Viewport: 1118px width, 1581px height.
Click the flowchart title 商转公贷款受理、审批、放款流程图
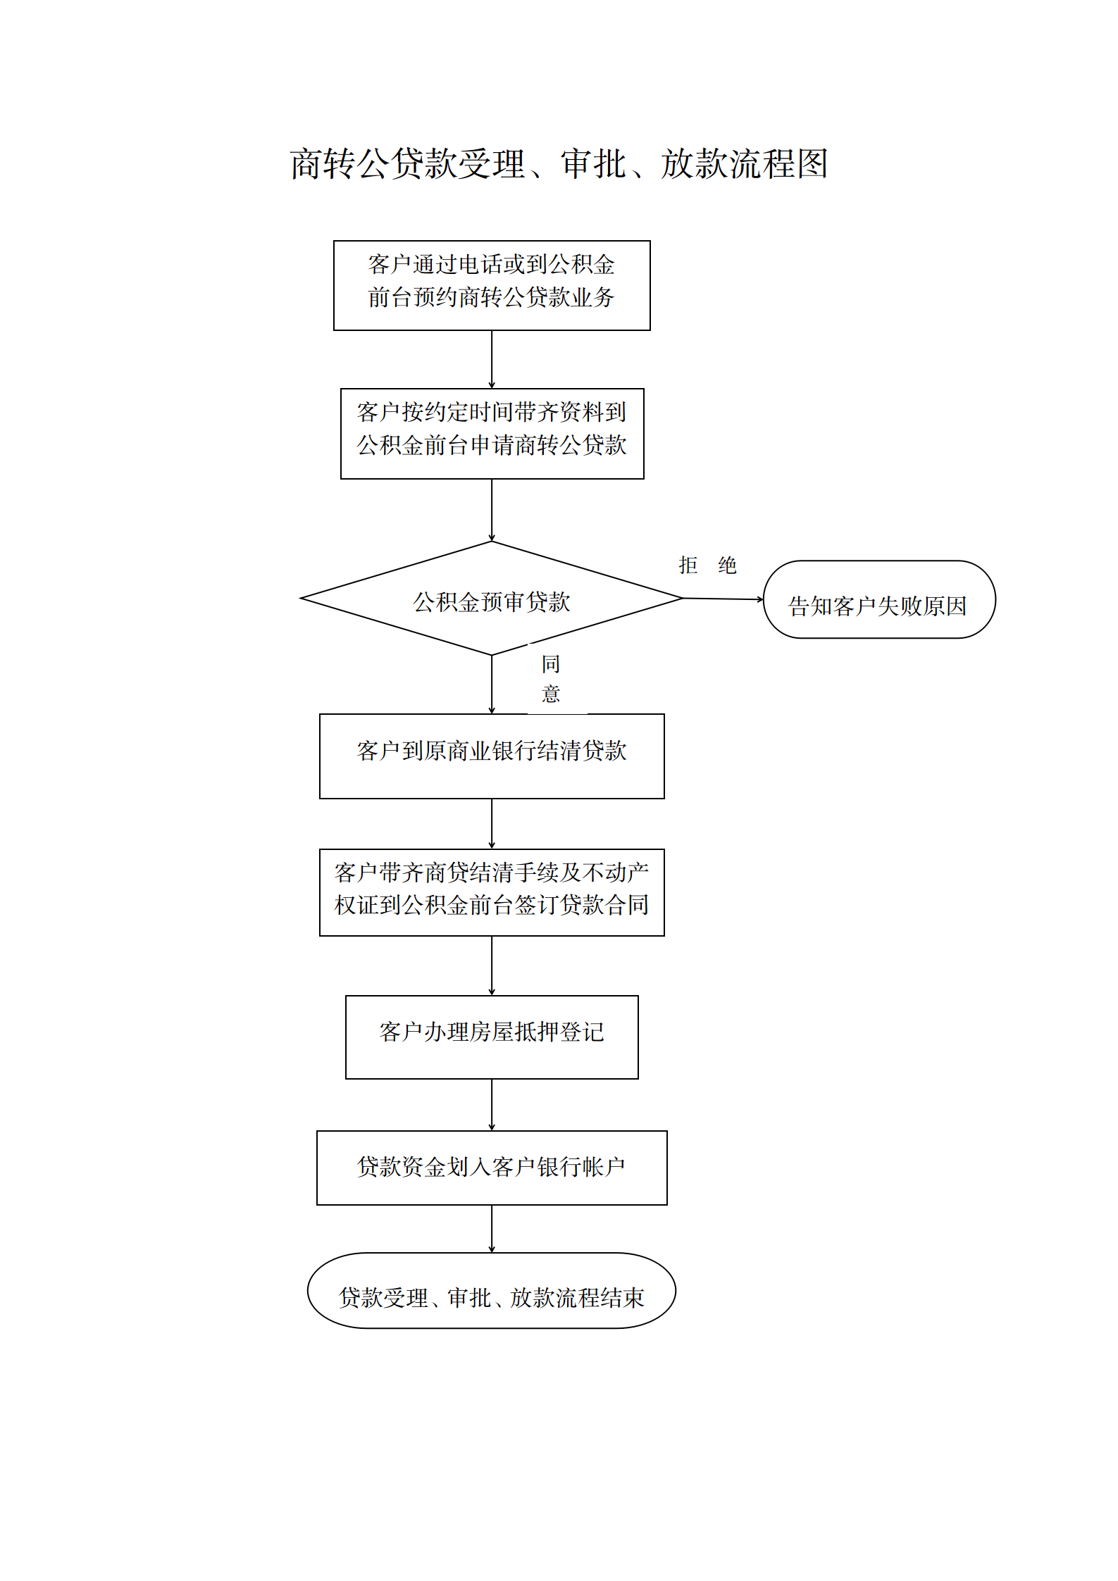(x=559, y=164)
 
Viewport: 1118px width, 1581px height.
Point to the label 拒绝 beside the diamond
(x=707, y=565)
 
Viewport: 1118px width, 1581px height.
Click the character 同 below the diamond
(x=551, y=664)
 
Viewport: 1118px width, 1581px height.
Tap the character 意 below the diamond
(x=551, y=694)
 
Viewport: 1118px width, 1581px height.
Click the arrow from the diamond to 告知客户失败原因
(x=723, y=599)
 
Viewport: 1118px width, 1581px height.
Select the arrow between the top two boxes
(x=492, y=359)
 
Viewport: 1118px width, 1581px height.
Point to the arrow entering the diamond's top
(x=492, y=510)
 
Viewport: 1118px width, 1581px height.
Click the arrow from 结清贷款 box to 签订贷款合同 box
(x=492, y=824)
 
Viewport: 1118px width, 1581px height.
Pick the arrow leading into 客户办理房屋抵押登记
(x=492, y=966)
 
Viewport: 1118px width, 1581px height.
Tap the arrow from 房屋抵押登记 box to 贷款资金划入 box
(x=492, y=1105)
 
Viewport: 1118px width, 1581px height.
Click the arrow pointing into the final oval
(x=492, y=1229)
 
